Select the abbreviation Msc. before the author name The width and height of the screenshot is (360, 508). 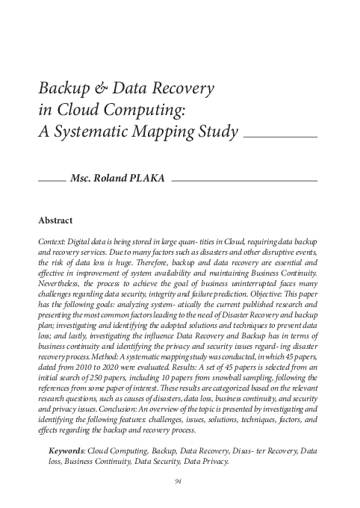click(x=80, y=180)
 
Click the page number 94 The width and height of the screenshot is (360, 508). click(x=179, y=481)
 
